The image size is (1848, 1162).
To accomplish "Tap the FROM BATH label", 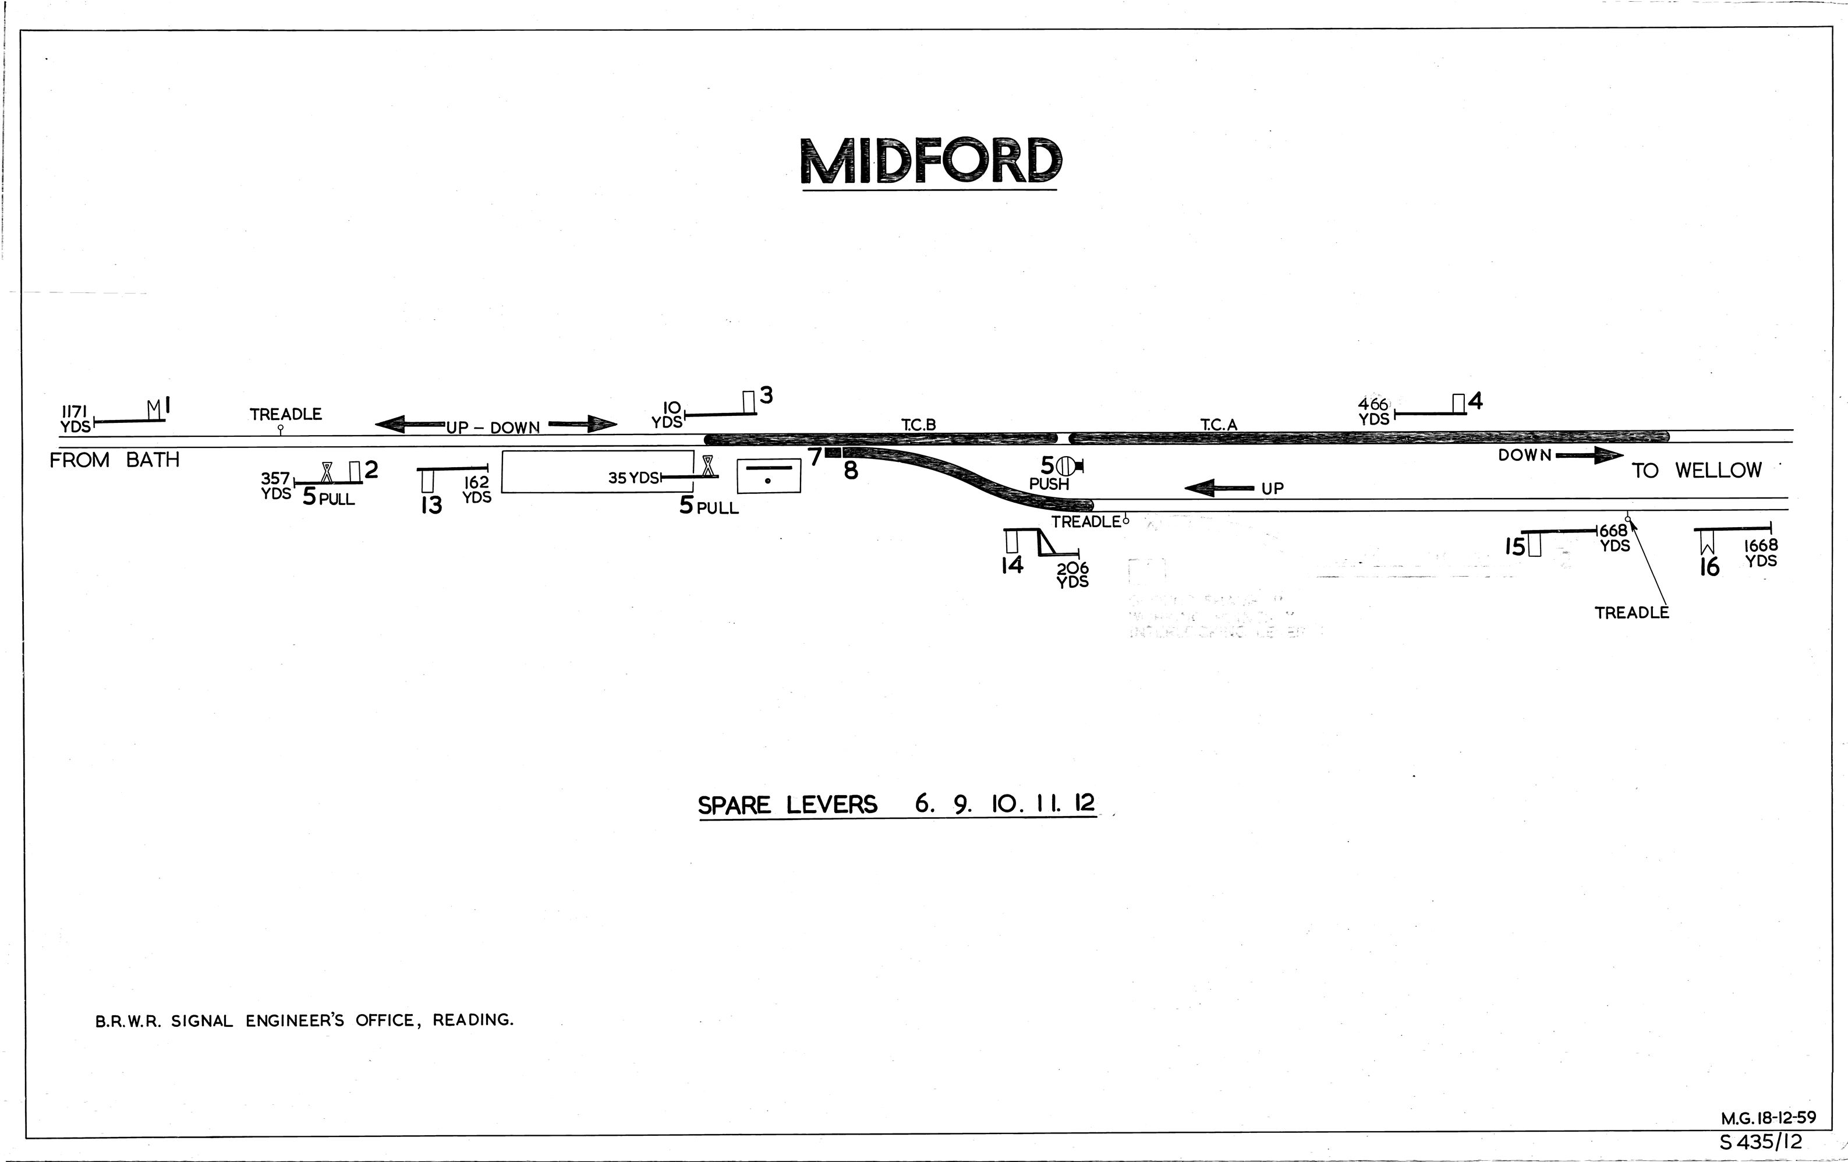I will pos(114,461).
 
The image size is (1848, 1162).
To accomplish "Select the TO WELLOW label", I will pos(1696,471).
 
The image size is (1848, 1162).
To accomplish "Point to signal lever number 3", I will pos(766,396).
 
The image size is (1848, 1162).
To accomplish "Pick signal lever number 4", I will pos(1475,401).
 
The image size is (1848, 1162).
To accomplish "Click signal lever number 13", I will pos(431,505).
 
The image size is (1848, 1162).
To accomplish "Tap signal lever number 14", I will pos(1012,566).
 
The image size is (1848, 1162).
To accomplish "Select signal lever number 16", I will pos(1709,567).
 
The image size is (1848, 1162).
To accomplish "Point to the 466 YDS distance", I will pos(1373,411).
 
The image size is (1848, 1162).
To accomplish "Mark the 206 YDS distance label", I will pos(1072,575).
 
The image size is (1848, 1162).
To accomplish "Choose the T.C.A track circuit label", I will pos(1219,425).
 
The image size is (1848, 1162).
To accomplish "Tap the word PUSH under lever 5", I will pos(1049,484).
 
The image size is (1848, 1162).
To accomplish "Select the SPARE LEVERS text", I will pos(787,805).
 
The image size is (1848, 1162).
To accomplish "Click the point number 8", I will pos(850,471).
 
